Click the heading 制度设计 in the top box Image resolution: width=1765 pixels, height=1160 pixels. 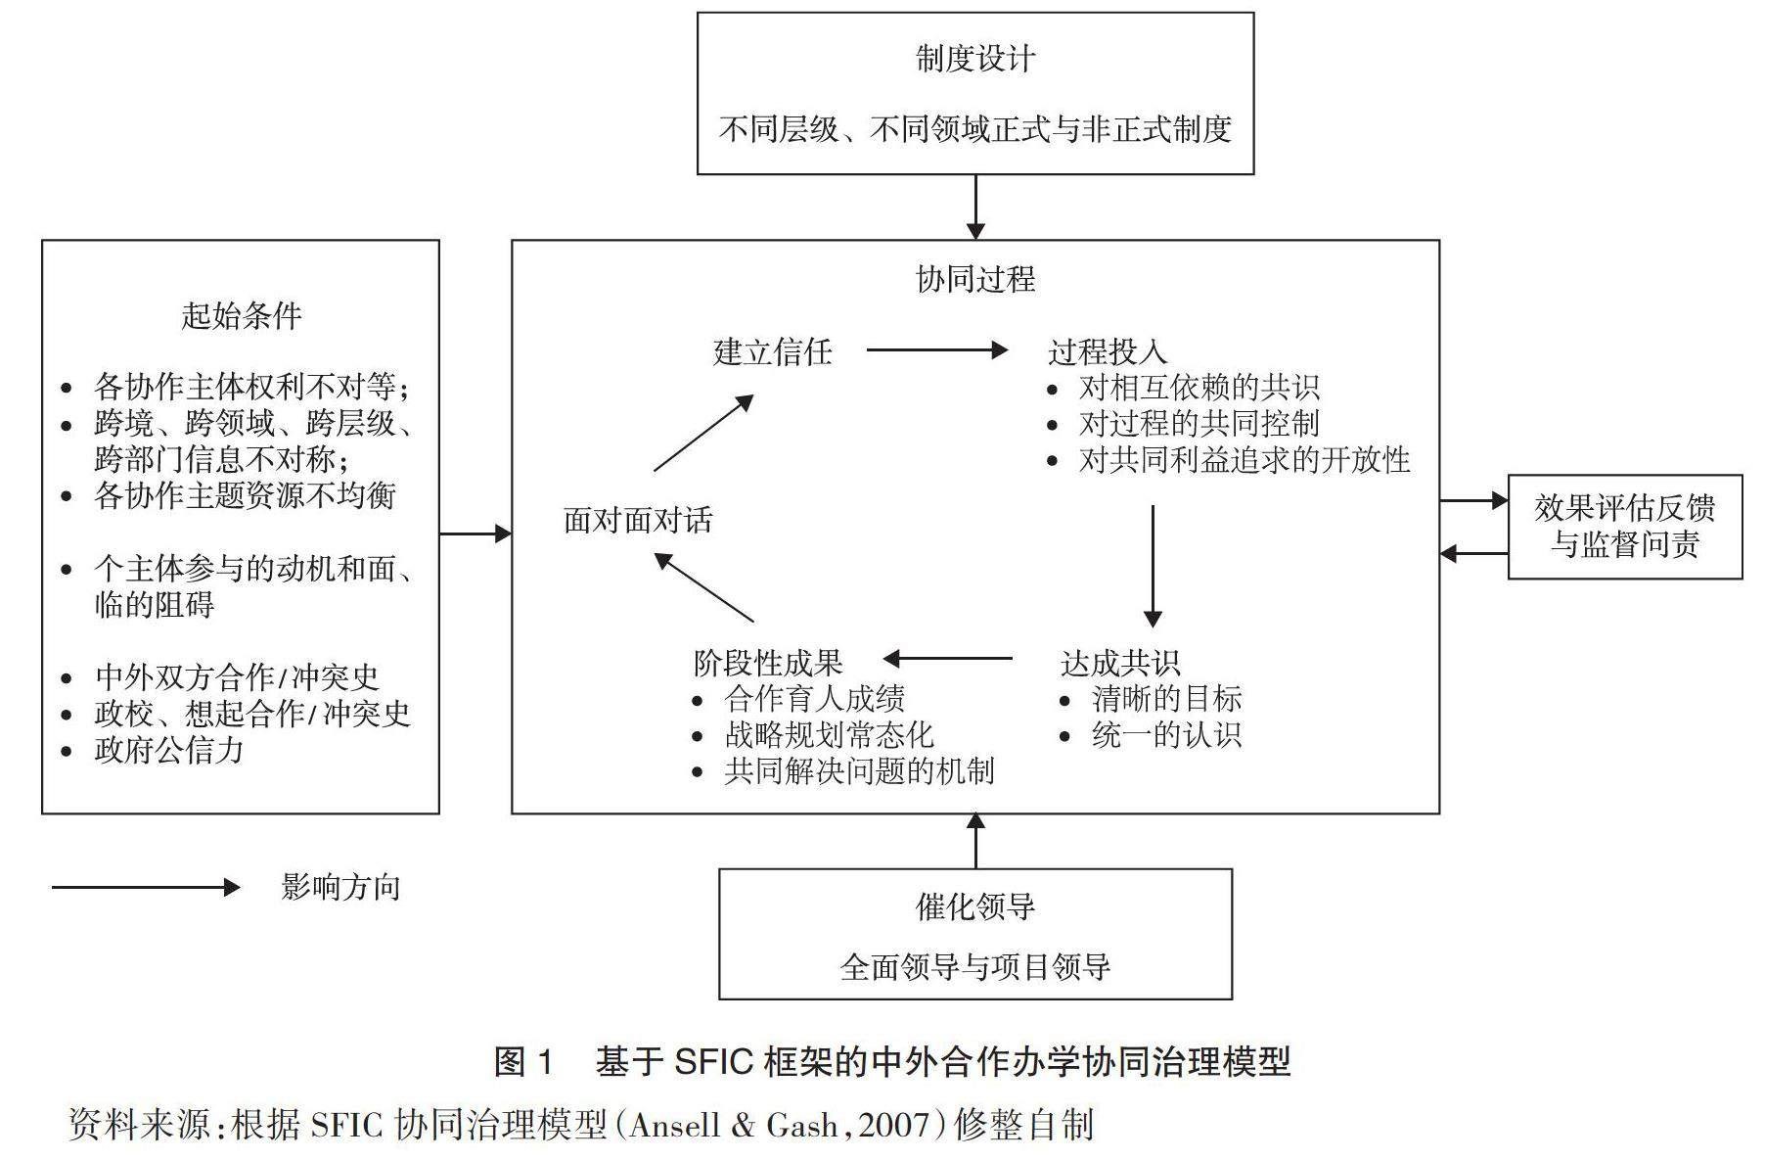[x=974, y=59]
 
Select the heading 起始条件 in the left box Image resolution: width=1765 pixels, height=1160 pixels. [x=241, y=315]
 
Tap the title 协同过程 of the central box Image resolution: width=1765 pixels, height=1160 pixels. [x=974, y=279]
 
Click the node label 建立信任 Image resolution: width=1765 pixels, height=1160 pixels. [x=772, y=351]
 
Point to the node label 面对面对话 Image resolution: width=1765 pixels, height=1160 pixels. [x=638, y=520]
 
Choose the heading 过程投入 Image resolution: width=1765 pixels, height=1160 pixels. [x=1107, y=351]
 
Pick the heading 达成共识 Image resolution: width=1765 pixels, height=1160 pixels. [x=1119, y=663]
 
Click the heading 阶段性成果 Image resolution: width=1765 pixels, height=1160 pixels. [x=767, y=663]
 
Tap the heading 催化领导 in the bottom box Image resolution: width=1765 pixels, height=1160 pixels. [x=974, y=906]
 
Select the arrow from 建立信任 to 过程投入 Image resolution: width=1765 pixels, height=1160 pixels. [x=936, y=349]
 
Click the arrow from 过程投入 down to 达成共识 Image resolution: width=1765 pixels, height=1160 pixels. [x=1153, y=566]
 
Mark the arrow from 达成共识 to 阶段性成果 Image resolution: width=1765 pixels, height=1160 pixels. [x=947, y=659]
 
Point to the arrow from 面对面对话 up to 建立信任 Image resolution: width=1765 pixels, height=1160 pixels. [x=703, y=433]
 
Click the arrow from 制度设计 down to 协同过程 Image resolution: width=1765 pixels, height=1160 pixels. [x=975, y=207]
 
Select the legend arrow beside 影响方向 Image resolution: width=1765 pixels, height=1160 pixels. [x=146, y=888]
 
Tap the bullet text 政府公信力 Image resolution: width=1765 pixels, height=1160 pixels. [x=168, y=751]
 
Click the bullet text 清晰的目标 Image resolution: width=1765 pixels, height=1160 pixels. [x=1166, y=699]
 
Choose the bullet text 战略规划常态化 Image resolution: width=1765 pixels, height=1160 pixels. [x=829, y=735]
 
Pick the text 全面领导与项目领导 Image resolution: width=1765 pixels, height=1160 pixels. [x=974, y=967]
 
